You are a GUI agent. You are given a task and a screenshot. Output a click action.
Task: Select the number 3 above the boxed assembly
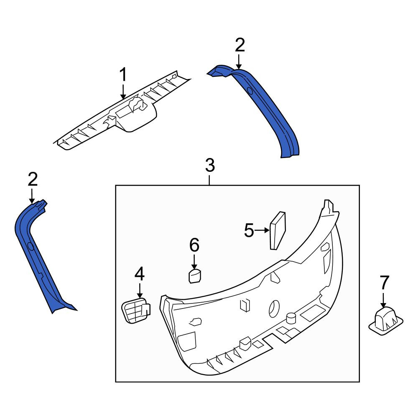point(210,165)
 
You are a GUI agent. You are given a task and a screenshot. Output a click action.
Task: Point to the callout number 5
point(249,230)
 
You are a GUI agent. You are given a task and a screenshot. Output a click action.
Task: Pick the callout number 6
point(194,245)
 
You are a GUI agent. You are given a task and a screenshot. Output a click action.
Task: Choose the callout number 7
point(384,283)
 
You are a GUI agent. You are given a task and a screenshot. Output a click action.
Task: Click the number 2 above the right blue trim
point(240,45)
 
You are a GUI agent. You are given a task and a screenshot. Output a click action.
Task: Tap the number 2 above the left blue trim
point(33,179)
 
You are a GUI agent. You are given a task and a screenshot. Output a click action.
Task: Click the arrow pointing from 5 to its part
point(262,230)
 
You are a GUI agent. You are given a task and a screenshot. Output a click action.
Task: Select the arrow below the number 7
point(383,301)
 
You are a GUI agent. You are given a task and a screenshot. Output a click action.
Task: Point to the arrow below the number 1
point(123,92)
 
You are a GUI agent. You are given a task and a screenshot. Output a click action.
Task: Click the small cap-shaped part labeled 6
point(195,276)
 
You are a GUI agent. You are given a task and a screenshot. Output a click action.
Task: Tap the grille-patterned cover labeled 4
point(136,311)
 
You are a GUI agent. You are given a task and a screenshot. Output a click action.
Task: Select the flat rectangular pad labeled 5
point(278,230)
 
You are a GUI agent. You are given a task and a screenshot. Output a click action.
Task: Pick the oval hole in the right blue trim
point(250,91)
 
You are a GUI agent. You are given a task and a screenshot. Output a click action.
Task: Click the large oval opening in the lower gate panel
point(274,309)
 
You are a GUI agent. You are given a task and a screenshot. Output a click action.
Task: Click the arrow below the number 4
point(140,291)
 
